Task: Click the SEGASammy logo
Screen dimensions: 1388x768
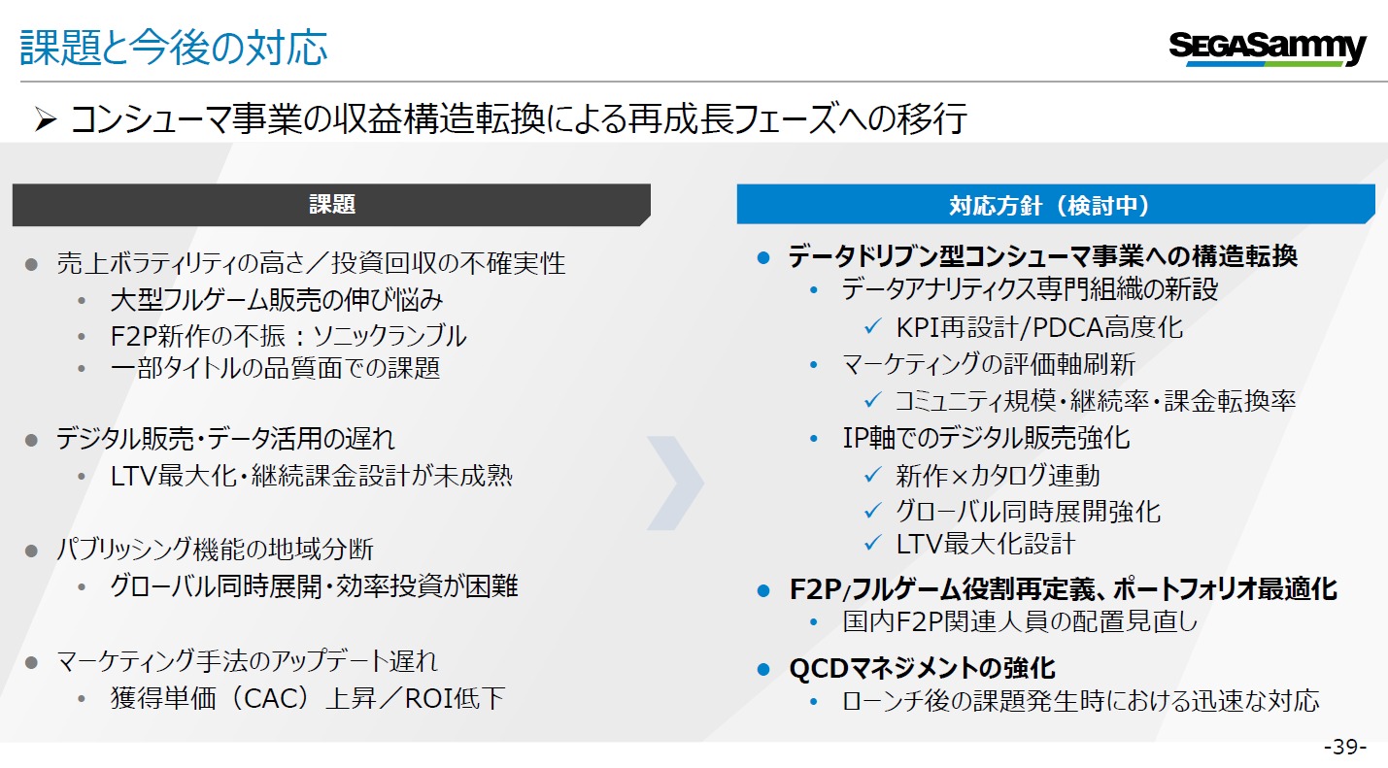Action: point(1267,48)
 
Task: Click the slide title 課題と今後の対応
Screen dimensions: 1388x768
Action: point(174,48)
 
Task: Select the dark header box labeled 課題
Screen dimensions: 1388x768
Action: point(331,204)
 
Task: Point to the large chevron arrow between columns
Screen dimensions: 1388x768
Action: point(677,483)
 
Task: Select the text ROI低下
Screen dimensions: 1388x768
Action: point(454,698)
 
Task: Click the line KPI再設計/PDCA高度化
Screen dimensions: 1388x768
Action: point(1039,327)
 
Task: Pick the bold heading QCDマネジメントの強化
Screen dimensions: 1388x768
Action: point(922,668)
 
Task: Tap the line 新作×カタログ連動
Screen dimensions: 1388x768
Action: point(998,476)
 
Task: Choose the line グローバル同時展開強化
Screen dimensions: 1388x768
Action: point(1028,511)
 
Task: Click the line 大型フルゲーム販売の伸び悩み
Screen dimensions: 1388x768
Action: point(277,300)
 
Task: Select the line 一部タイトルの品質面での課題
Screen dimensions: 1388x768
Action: point(275,368)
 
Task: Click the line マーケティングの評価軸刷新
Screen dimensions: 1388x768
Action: point(988,365)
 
